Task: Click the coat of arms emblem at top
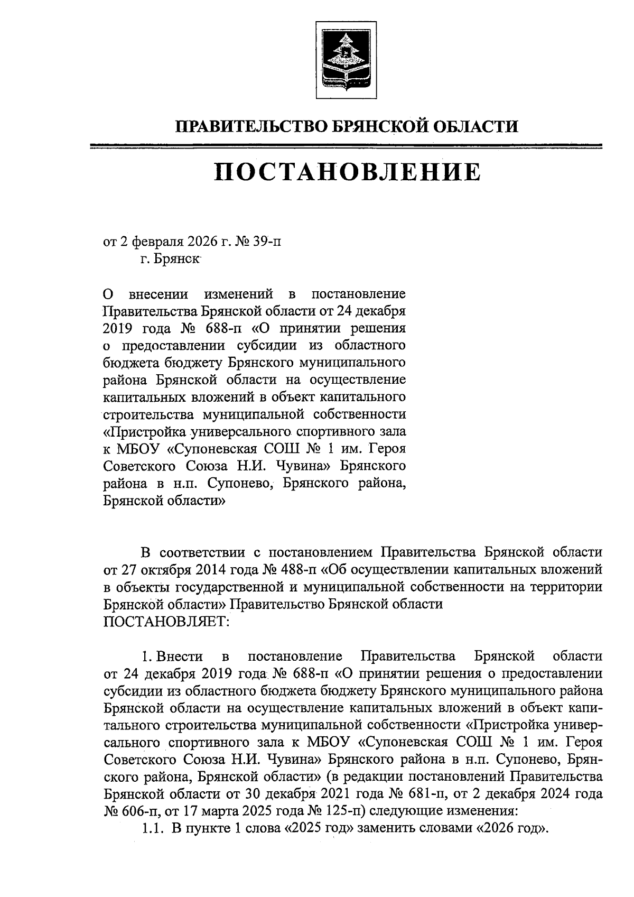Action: pyautogui.click(x=346, y=60)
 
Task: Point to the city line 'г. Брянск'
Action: pyautogui.click(x=170, y=260)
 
